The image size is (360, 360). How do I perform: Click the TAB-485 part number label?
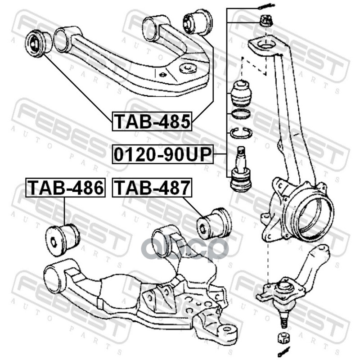(152, 121)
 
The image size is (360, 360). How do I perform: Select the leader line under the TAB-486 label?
(64, 210)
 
